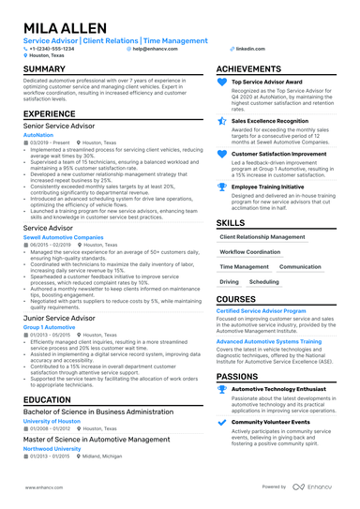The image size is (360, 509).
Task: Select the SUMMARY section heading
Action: tap(44, 69)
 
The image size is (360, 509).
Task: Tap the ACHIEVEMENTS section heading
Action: tap(248, 69)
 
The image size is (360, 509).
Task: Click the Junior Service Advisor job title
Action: tap(59, 318)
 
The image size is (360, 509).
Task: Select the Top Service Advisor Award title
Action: tap(266, 82)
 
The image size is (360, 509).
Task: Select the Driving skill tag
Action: tap(229, 281)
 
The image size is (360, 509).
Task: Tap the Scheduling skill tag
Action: tap(263, 281)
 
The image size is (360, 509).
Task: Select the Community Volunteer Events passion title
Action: tap(271, 422)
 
